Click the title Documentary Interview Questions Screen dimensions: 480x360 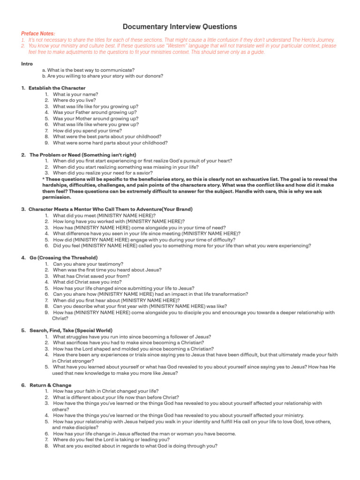point(180,27)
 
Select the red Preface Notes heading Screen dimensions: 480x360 point(38,34)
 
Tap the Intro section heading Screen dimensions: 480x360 point(27,64)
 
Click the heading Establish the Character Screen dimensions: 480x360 point(57,88)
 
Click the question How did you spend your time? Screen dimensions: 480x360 point(87,131)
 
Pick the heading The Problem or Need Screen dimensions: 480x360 point(83,155)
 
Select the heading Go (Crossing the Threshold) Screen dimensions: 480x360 point(63,258)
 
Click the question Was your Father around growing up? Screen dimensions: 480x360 point(95,112)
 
